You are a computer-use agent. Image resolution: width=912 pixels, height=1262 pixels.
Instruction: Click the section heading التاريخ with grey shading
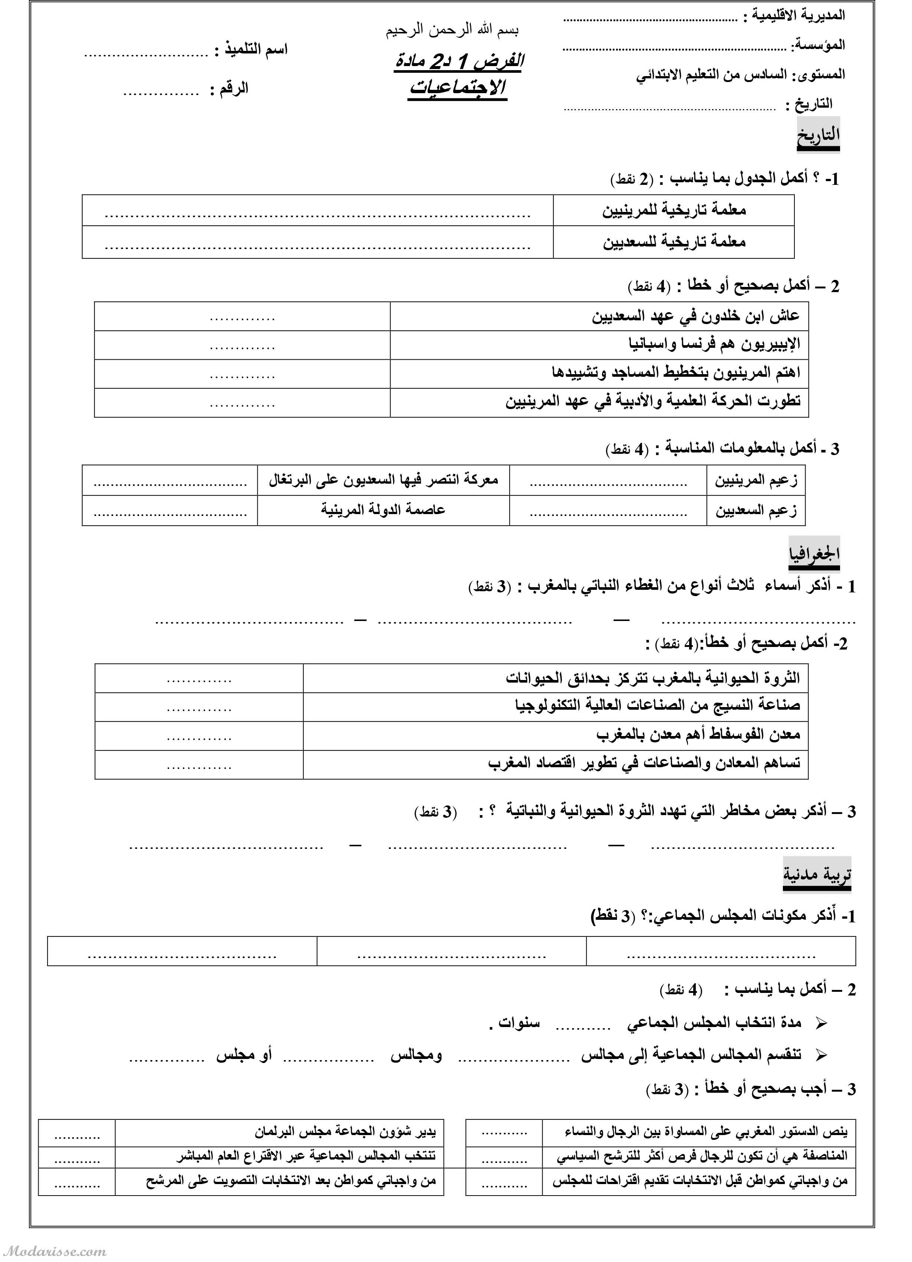(x=817, y=135)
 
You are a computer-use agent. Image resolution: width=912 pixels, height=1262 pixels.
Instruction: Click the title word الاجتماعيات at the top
(x=458, y=87)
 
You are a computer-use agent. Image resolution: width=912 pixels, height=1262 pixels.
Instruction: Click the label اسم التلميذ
(x=256, y=49)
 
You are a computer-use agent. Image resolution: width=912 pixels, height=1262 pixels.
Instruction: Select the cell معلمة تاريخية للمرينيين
(x=674, y=210)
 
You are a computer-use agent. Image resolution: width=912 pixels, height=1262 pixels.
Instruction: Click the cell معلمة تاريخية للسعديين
(x=674, y=242)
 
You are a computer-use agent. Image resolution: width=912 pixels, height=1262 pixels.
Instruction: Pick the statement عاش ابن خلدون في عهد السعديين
(x=695, y=316)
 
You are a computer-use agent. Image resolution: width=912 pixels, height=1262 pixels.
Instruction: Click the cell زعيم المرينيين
(x=756, y=480)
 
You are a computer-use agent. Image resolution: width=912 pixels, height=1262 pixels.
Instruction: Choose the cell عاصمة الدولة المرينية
(x=383, y=510)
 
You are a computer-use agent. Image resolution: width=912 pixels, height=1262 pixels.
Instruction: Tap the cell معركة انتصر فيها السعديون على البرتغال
(x=383, y=480)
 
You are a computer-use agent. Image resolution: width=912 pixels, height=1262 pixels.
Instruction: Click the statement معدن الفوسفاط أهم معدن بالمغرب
(x=698, y=735)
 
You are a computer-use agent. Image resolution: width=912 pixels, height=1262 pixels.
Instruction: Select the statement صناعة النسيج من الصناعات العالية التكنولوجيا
(x=657, y=706)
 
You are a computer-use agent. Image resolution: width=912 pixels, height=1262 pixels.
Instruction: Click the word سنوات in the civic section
(x=519, y=1023)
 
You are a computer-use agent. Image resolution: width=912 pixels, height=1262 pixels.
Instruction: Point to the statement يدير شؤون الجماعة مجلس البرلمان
(x=345, y=1132)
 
